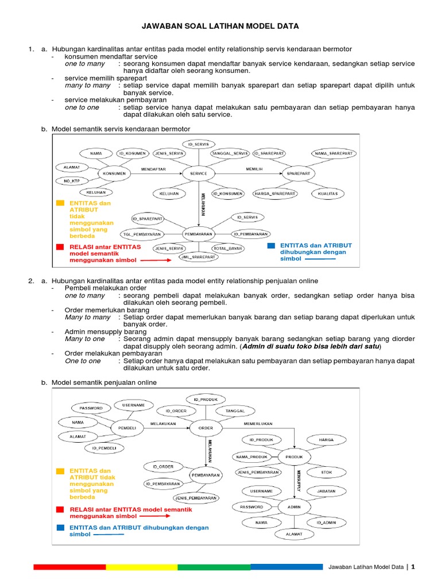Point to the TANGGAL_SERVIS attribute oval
230,153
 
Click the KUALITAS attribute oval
328,194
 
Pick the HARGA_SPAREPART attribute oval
275,194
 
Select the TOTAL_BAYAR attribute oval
229,249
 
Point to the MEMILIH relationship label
254,169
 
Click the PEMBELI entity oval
127,428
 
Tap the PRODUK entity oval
294,457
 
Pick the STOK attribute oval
327,472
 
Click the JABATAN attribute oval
327,492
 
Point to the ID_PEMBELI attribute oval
105,448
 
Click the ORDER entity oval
205,428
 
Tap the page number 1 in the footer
412,567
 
